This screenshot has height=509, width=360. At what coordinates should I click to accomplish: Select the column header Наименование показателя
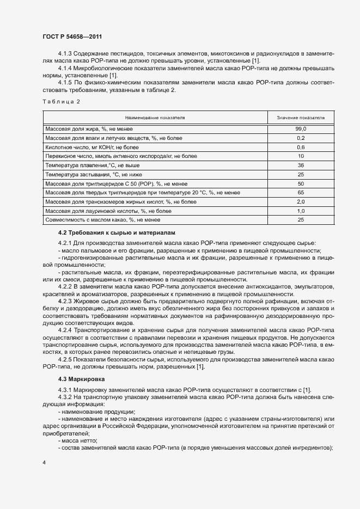(155, 117)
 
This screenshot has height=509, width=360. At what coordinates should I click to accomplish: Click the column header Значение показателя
(301, 117)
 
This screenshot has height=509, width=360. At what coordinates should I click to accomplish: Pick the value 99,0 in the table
(301, 129)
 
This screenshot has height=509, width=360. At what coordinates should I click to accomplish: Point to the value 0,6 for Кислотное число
(301, 147)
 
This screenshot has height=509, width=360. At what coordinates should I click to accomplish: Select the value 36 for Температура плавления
(301, 165)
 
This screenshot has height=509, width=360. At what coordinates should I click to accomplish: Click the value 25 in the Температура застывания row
(301, 174)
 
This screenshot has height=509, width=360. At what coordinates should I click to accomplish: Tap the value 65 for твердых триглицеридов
(301, 192)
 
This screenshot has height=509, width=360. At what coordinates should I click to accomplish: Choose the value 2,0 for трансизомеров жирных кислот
(301, 201)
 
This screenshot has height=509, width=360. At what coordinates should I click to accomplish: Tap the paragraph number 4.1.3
(65, 54)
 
